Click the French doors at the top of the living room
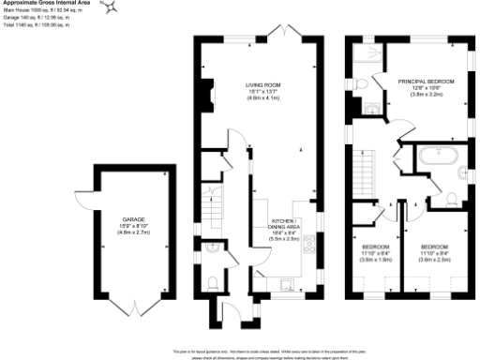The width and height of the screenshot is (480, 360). click(x=277, y=35)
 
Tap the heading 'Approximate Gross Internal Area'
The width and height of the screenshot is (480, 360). click(x=46, y=4)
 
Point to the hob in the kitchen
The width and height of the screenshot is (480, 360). click(x=308, y=247)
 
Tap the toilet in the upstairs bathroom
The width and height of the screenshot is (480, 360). click(x=451, y=197)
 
